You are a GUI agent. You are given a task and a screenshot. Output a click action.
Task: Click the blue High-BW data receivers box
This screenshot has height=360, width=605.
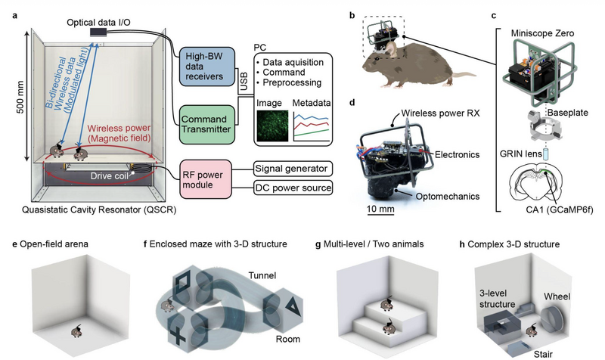(207, 67)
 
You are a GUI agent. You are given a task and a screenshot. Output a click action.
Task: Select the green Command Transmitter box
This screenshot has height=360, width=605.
(207, 125)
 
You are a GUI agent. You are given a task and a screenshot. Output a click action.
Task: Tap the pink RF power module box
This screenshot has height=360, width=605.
(206, 179)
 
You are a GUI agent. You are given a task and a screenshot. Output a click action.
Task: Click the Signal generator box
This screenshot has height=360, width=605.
(293, 169)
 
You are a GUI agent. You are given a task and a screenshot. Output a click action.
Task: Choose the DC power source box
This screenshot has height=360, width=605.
(293, 188)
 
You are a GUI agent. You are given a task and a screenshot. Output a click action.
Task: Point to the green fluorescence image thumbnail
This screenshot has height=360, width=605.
(272, 126)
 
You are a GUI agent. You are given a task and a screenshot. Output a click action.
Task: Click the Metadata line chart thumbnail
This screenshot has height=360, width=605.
(312, 126)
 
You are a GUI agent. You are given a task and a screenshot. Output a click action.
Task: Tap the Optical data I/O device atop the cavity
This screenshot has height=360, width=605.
(98, 33)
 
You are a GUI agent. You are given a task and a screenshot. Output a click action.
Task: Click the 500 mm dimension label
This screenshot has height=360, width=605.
(20, 97)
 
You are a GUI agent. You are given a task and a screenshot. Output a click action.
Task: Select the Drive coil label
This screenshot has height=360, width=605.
(109, 176)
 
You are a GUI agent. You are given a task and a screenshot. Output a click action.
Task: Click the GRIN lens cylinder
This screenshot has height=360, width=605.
(545, 154)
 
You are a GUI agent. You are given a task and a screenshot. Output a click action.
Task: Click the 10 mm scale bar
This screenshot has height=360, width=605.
(380, 214)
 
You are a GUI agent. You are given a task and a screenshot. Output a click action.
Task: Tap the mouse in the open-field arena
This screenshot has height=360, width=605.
(76, 331)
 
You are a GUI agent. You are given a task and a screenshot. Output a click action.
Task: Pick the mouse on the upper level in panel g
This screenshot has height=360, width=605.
(386, 305)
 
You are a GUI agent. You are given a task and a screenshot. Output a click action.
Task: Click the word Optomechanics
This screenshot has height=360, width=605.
(447, 197)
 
